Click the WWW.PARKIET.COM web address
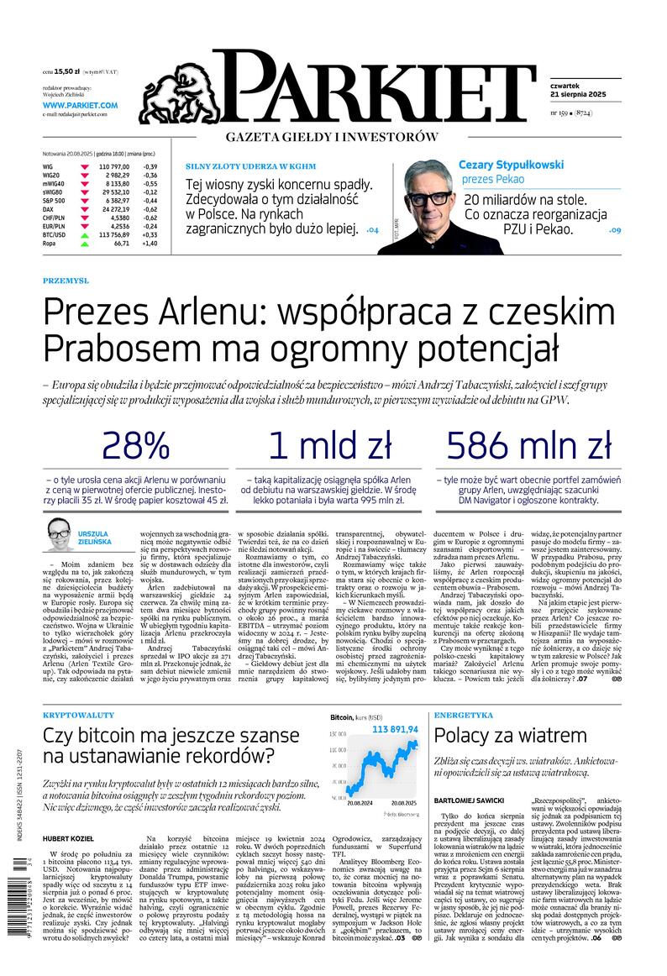(81, 105)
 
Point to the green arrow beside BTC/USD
(85, 234)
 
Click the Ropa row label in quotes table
(50, 244)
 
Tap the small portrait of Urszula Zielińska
(59, 530)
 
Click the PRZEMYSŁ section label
(66, 281)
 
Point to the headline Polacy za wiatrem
(510, 736)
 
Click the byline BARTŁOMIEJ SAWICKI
(470, 800)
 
